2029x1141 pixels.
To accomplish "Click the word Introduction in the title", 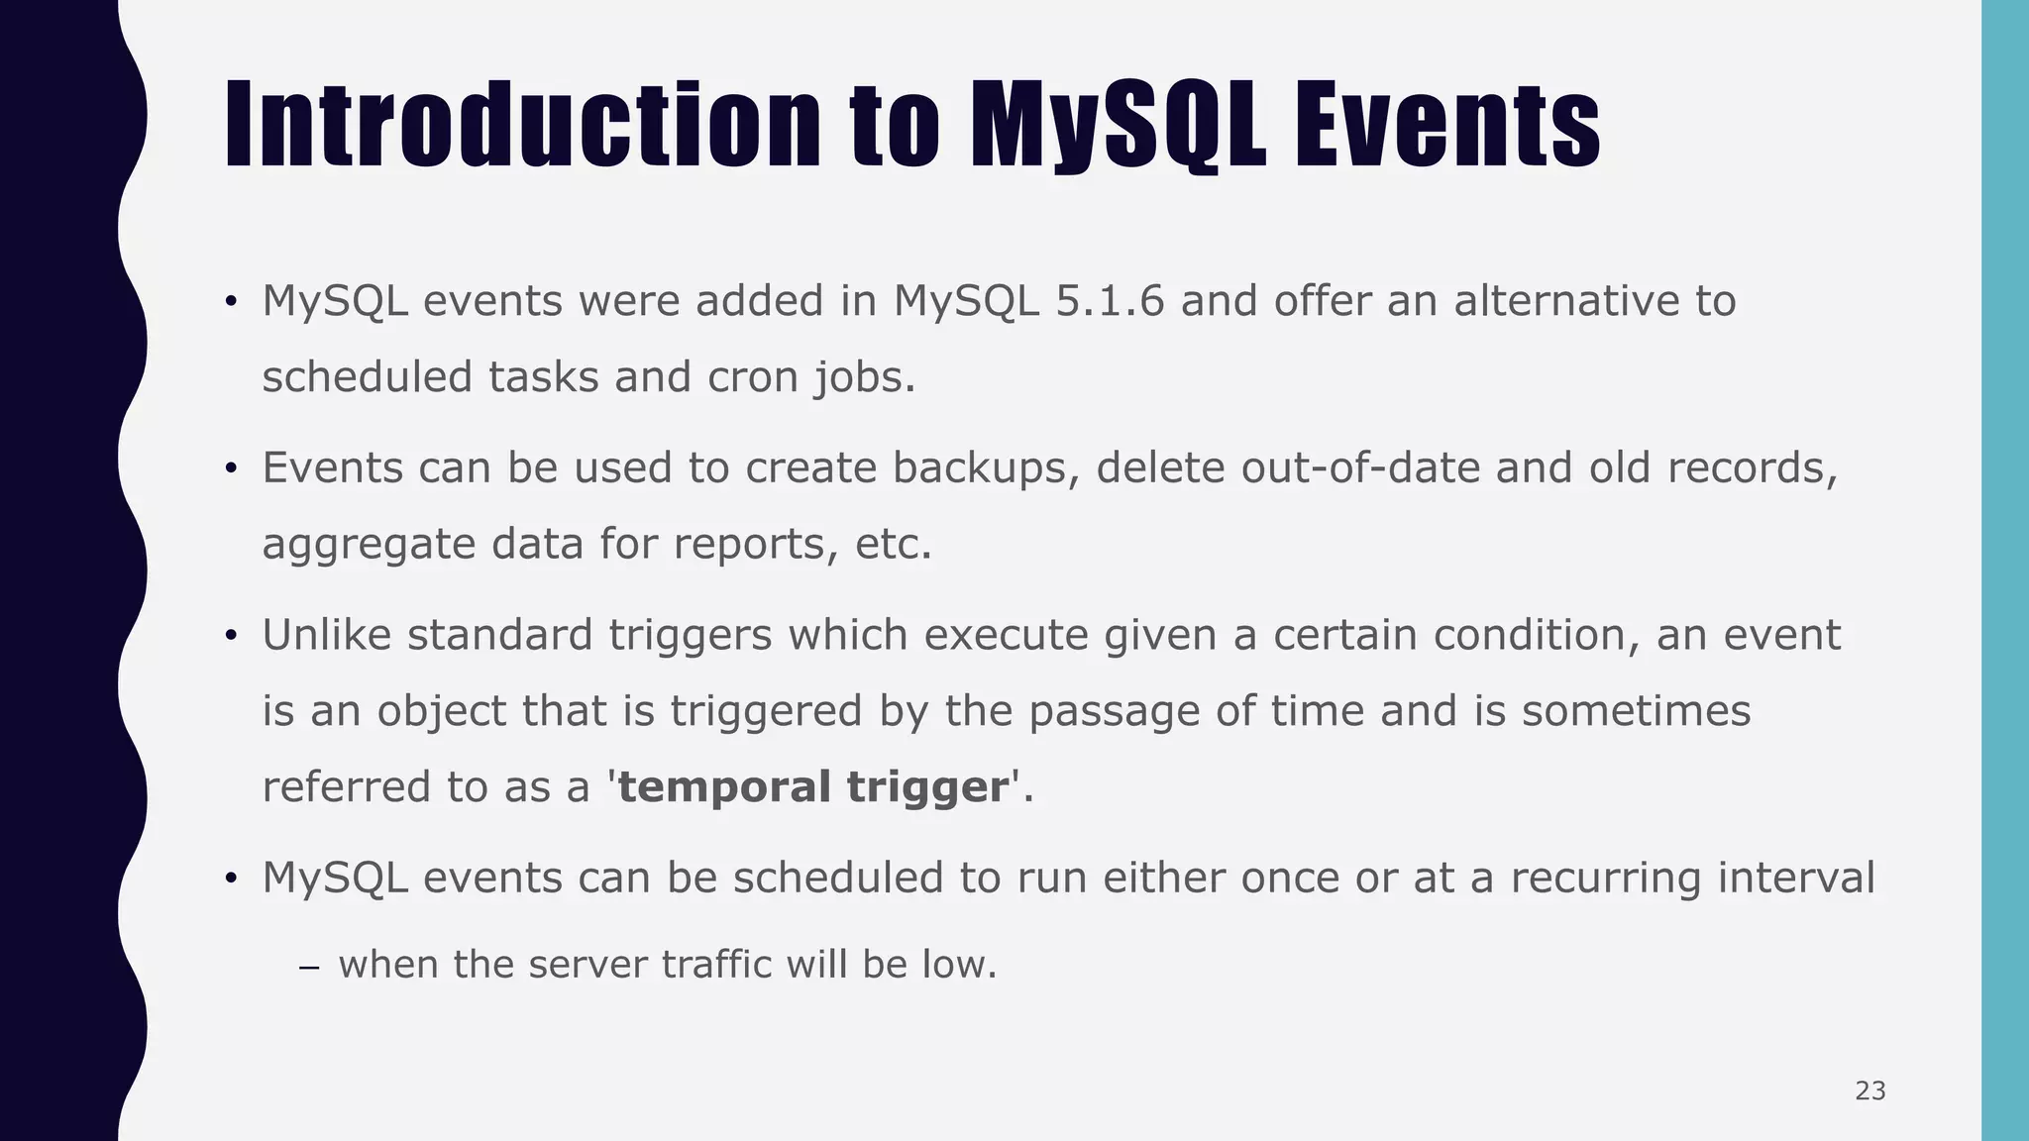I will (522, 126).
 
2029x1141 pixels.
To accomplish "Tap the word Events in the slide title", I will (1446, 126).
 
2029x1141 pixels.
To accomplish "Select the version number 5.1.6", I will (1110, 301).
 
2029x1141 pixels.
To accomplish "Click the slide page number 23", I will (1869, 1091).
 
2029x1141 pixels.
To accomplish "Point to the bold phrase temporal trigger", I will (812, 787).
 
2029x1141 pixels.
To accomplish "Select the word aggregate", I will (369, 545).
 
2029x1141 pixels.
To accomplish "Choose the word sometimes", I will (1636, 711).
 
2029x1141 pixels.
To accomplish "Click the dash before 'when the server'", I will (308, 967).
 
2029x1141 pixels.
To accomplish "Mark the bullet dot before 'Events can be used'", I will (230, 468).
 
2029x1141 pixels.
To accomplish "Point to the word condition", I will (1530, 635).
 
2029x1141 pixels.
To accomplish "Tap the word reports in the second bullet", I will (748, 545).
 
